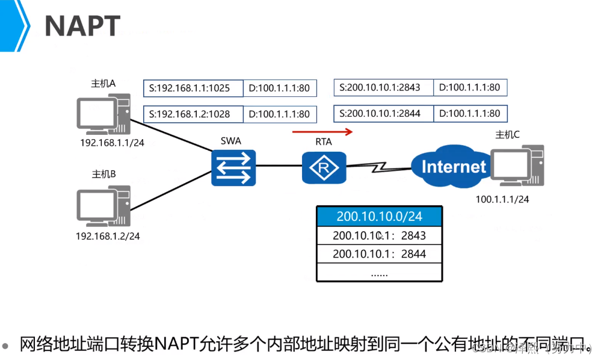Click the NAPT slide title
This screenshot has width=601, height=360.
[82, 26]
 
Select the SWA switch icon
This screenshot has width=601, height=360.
[233, 166]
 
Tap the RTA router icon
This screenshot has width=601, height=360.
[324, 166]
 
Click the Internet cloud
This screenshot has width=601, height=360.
[451, 166]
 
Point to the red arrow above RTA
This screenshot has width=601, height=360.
[322, 131]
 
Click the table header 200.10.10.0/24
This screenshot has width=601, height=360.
[379, 216]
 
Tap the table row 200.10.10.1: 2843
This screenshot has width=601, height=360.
[379, 235]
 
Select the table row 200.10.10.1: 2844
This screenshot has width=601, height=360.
[379, 254]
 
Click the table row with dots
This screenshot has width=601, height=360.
[379, 273]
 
